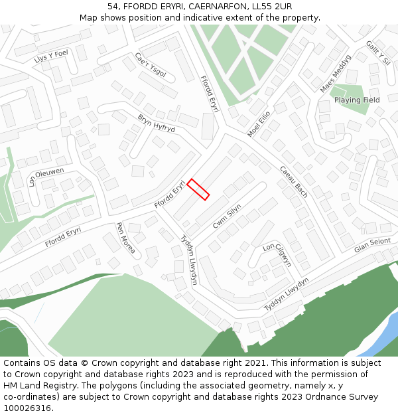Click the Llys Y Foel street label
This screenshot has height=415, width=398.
click(51, 56)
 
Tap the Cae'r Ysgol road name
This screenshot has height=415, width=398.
click(150, 65)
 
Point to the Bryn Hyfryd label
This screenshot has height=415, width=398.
click(156, 123)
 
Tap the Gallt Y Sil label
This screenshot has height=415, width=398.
click(378, 52)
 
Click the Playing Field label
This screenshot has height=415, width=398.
click(357, 100)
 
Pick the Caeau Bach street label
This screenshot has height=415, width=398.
click(293, 182)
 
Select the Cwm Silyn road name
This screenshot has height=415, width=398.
click(227, 217)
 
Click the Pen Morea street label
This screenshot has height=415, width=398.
click(126, 238)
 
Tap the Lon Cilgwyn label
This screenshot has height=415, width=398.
click(277, 255)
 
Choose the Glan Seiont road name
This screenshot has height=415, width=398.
click(372, 246)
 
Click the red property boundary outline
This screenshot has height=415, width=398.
click(198, 189)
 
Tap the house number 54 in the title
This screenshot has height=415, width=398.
click(113, 7)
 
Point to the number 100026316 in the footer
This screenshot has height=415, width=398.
click(27, 408)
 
